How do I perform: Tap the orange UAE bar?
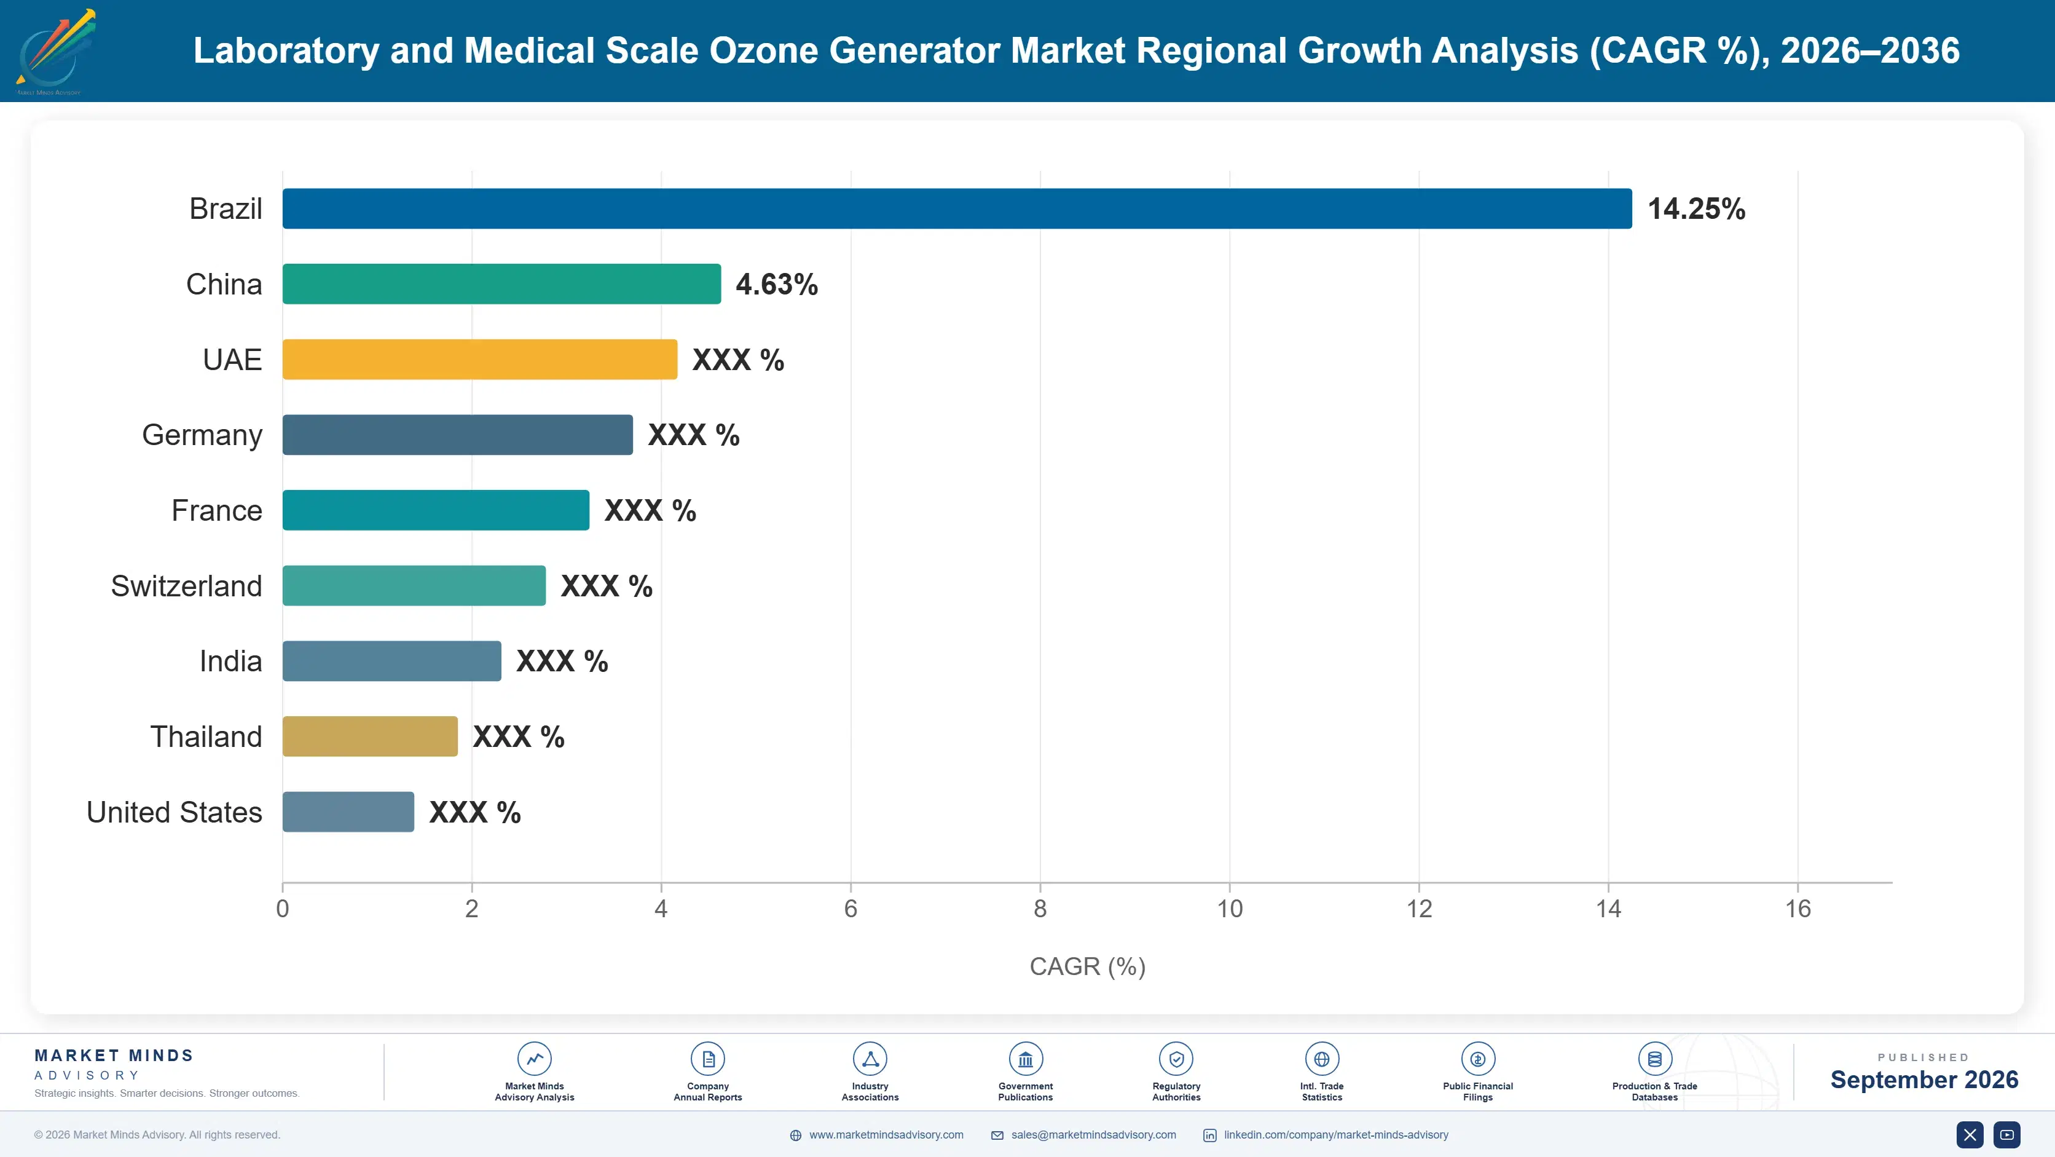click(479, 359)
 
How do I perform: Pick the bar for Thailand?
click(370, 736)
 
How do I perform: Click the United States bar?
click(348, 811)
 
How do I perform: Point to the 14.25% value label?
click(1696, 209)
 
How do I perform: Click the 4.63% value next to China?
click(776, 284)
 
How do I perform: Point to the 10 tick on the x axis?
click(1229, 908)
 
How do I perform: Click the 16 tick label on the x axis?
click(1798, 908)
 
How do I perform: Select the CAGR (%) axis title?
click(1087, 966)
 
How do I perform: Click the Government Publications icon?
click(1025, 1059)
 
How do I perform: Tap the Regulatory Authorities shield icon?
click(1176, 1059)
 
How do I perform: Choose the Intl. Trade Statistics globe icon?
click(1322, 1059)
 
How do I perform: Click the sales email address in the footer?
click(1093, 1135)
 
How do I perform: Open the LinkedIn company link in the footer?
click(1335, 1135)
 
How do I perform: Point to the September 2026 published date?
click(1924, 1080)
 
